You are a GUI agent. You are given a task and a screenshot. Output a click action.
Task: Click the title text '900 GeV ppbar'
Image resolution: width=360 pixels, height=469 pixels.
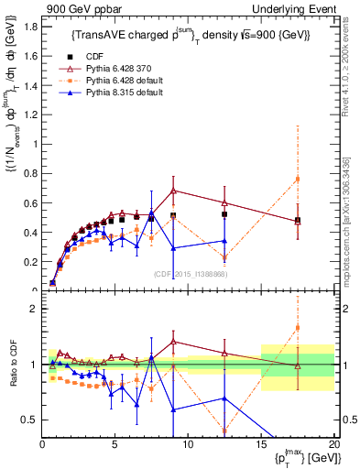[x=72, y=8]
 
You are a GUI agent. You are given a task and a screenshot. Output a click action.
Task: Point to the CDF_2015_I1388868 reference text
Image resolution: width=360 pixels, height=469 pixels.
[x=189, y=273]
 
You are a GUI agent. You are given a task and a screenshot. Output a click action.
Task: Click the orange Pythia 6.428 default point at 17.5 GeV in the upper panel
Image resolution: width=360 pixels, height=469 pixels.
[x=297, y=179]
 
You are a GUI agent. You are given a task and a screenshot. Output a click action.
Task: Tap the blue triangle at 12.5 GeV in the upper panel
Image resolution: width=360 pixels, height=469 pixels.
[x=224, y=241]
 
